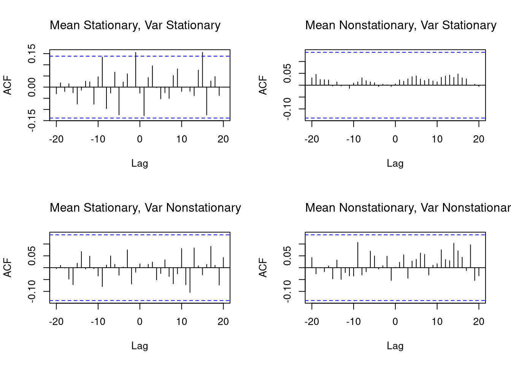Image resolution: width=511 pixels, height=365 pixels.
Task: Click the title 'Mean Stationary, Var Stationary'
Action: pos(135,25)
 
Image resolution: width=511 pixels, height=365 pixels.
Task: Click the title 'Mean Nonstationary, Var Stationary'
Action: pos(401,25)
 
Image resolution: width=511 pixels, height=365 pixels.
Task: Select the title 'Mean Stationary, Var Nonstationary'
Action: pos(145,208)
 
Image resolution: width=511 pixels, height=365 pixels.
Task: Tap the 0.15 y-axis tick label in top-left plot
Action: pos(32,54)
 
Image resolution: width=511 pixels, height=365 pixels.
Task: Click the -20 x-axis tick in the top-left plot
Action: pos(56,139)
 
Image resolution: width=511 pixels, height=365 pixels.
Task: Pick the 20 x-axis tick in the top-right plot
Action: pos(479,139)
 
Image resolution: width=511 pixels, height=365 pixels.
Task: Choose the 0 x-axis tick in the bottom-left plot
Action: pos(140,322)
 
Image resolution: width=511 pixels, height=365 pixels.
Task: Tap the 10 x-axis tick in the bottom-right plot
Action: pos(437,322)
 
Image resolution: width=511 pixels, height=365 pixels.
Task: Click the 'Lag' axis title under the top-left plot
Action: pos(140,163)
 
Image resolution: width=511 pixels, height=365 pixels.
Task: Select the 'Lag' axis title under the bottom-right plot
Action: pos(395,346)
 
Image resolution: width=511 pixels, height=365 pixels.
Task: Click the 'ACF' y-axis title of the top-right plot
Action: pos(263,85)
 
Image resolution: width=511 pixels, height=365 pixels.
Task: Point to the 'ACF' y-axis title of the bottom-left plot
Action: pos(8,268)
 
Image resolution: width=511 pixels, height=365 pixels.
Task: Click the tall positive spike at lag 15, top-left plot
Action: pos(203,68)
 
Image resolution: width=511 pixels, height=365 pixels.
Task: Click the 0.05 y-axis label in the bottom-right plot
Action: pos(287,255)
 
